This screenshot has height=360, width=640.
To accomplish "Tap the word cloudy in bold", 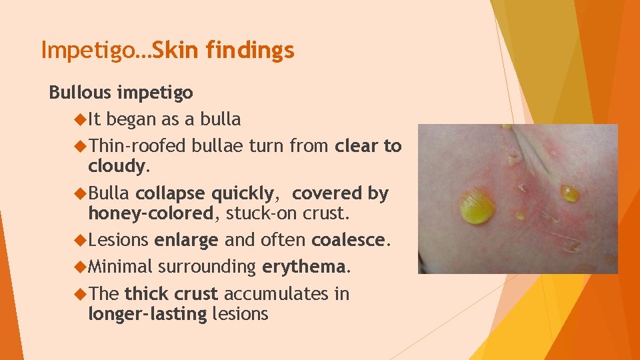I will pyautogui.click(x=116, y=165).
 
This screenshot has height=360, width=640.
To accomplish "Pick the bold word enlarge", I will pyautogui.click(x=185, y=240).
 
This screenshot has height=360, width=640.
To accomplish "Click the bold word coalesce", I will pyautogui.click(x=349, y=240).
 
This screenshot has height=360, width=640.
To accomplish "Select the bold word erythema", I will pyautogui.click(x=304, y=267).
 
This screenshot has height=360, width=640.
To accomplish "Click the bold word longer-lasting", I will pyautogui.click(x=147, y=314).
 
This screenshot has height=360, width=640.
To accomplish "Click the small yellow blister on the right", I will pyautogui.click(x=569, y=193).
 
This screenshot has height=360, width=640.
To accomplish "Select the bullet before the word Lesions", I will pyautogui.click(x=80, y=240).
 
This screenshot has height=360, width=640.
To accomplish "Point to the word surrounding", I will pyautogui.click(x=207, y=267).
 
